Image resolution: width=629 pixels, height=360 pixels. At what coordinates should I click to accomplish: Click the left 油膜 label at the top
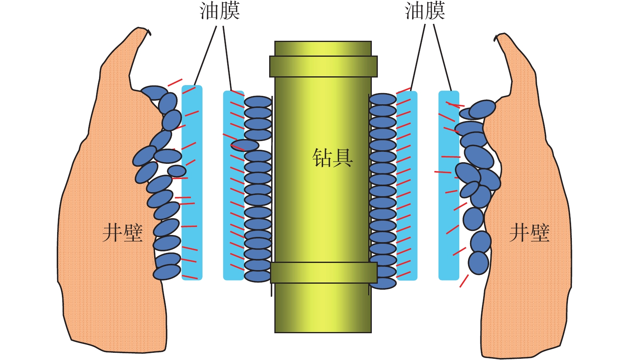coord(220,11)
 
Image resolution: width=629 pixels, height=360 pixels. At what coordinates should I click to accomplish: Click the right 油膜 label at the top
coord(425,11)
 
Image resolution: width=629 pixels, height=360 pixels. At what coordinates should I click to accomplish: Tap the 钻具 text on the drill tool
coord(332,158)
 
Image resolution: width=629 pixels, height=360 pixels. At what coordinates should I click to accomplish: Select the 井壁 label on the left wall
coord(123,233)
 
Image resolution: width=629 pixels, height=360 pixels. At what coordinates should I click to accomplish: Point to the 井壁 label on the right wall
coord(530,233)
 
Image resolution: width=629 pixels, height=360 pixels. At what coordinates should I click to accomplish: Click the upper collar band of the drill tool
coord(323,66)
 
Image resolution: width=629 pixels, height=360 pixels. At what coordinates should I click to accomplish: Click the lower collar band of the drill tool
coord(323,272)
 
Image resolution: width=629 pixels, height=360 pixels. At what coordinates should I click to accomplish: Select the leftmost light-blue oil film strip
coord(192,182)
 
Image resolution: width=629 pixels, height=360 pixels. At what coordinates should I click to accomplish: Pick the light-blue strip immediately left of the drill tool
coord(233,185)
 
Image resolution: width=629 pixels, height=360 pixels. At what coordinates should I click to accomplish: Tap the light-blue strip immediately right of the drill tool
coord(407,185)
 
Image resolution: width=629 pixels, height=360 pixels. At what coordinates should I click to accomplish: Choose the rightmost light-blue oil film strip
coord(448,185)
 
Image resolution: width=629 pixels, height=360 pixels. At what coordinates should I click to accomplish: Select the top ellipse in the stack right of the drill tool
coord(383,99)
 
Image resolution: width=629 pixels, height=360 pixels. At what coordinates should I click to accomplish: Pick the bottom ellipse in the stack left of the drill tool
coord(258,276)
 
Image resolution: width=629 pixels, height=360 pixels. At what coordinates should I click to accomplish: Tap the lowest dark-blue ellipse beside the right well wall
coord(478,263)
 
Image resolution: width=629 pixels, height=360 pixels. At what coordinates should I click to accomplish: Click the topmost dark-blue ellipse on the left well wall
coord(155,92)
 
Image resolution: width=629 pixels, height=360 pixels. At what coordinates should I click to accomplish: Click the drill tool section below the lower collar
coord(323,308)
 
